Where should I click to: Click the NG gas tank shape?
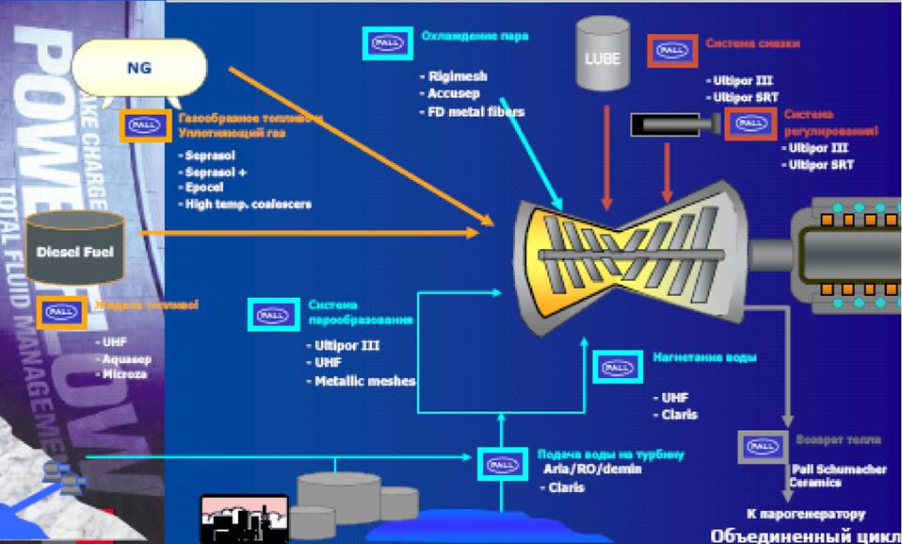(138, 69)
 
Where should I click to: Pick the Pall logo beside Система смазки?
(672, 50)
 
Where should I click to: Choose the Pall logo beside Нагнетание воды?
(617, 366)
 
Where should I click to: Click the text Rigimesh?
(458, 76)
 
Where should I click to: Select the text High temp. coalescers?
(248, 204)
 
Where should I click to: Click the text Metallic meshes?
(360, 381)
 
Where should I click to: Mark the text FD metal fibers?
(475, 111)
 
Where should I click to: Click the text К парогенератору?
(805, 514)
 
